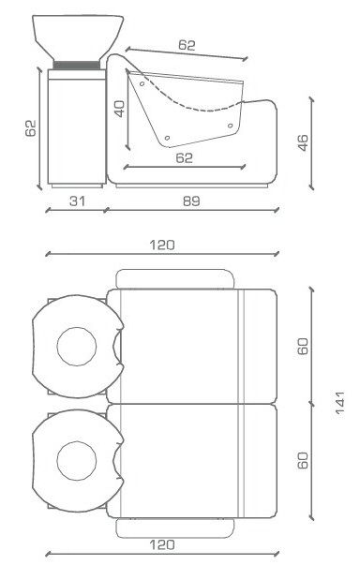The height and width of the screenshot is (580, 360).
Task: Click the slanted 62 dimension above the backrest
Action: coord(187,45)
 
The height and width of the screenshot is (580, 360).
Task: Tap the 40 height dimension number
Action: coord(119,109)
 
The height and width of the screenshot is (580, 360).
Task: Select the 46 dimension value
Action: coord(303,142)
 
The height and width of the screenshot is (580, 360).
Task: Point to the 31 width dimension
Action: coord(77,201)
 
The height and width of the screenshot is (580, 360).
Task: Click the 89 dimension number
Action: coord(191,201)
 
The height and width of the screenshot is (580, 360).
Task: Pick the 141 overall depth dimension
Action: coord(339,404)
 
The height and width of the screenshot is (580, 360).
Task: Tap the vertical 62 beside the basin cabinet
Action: coord(31,128)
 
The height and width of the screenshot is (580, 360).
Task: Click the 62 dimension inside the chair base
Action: coord(185,158)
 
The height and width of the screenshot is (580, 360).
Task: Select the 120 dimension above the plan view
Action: coord(162,245)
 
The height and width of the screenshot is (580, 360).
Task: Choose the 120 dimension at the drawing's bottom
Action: coord(162,544)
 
